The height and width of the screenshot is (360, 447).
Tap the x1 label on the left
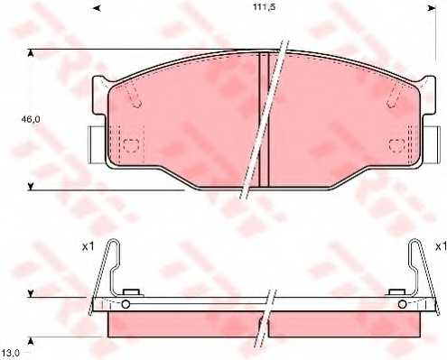tap(88, 245)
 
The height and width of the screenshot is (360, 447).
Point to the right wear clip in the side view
tap(421, 271)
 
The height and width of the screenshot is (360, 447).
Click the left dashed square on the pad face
tap(132, 144)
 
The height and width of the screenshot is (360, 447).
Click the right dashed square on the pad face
tap(395, 144)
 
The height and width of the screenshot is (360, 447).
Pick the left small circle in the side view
tap(126, 304)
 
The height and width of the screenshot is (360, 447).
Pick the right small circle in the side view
tap(400, 304)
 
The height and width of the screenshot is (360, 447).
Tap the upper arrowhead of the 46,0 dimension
tap(32, 54)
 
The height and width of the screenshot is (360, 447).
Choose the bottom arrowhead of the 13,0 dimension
tap(32, 338)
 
